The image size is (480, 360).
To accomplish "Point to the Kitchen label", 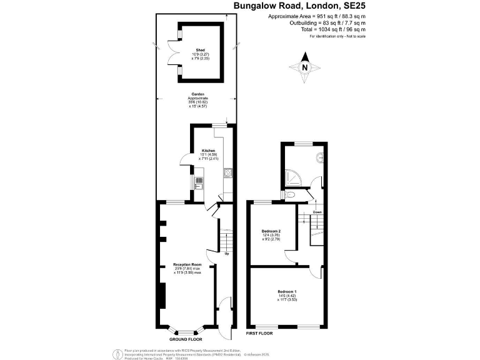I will [208, 151].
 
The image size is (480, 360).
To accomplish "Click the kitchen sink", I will [199, 184].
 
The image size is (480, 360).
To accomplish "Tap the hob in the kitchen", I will [227, 173].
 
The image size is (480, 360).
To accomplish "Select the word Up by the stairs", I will [226, 254].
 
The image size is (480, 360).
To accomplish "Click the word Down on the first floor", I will [317, 212].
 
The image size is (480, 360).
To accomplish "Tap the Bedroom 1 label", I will [287, 292].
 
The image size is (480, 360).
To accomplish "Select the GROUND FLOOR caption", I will [187, 338].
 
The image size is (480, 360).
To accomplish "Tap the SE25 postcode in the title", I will [352, 6].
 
